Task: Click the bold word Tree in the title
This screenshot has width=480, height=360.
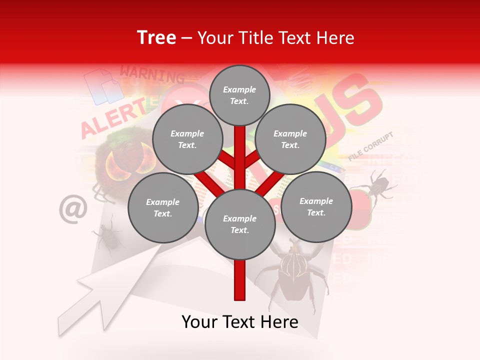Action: pos(156,38)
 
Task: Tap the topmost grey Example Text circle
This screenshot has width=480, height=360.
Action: pos(239,95)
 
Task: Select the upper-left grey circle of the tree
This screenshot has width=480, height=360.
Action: pos(187,139)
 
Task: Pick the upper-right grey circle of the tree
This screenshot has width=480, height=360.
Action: pos(290,139)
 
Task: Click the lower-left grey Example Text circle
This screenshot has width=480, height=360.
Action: pos(162,208)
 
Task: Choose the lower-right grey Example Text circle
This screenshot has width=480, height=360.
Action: pos(316,207)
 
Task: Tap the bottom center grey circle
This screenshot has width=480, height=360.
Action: pos(239,224)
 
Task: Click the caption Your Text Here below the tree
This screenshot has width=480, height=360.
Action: pos(239,322)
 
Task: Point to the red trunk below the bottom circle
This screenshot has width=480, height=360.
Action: pos(240,280)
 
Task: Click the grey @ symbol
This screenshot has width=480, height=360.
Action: pos(73,209)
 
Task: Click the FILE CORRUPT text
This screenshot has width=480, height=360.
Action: pos(371,146)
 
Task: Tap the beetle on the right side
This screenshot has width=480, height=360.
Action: pos(375,185)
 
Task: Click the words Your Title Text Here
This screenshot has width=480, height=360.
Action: pos(276,38)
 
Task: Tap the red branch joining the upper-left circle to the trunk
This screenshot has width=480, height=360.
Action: pos(228,160)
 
